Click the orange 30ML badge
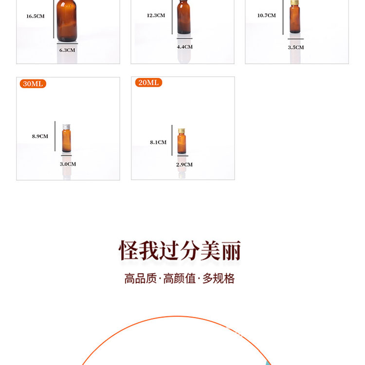click(x=33, y=84)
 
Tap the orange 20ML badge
click(x=148, y=82)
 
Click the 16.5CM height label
click(x=36, y=16)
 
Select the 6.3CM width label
click(x=67, y=50)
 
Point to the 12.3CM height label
click(x=156, y=16)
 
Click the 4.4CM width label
click(x=185, y=47)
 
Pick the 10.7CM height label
click(x=267, y=16)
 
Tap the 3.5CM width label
click(x=296, y=48)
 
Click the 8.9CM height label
click(x=40, y=136)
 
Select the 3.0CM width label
click(x=68, y=164)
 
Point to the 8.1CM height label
click(x=158, y=142)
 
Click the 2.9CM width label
click(x=184, y=164)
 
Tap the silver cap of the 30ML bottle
click(x=67, y=128)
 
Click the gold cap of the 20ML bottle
click(x=182, y=131)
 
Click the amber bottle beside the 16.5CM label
click(x=67, y=20)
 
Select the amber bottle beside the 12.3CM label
click(x=184, y=17)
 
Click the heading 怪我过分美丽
click(x=180, y=251)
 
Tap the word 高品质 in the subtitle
click(x=141, y=278)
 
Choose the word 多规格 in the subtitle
click(x=219, y=278)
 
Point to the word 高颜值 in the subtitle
click(x=180, y=278)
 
